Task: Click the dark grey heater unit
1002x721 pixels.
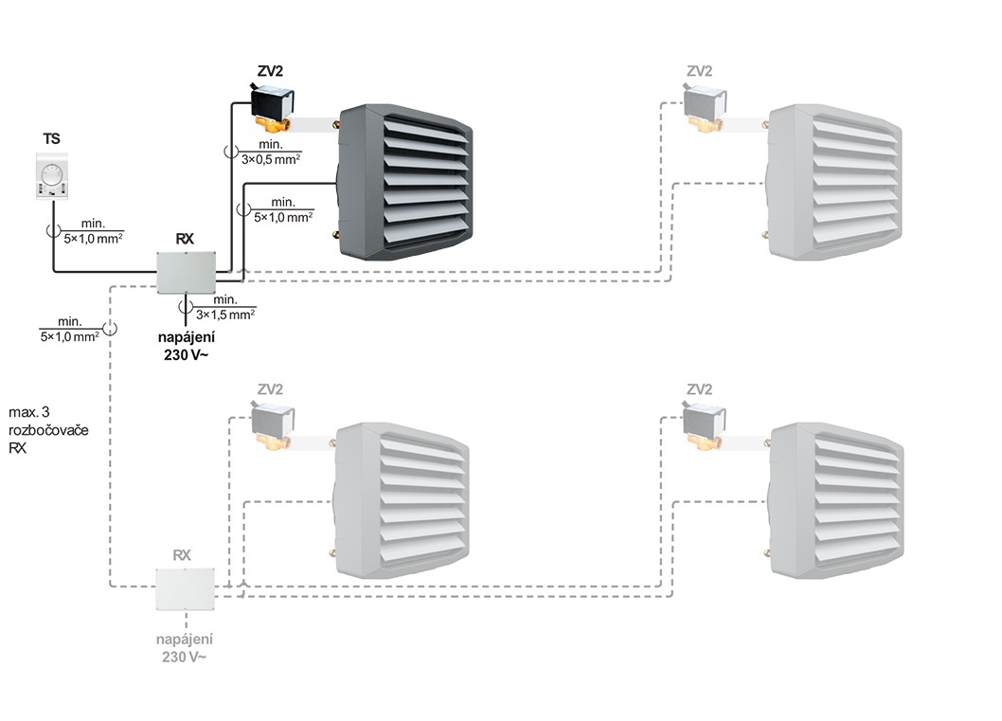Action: [404, 182]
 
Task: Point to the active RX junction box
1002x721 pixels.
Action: [188, 274]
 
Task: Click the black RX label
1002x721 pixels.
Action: [185, 239]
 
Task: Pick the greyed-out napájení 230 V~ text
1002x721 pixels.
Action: [186, 648]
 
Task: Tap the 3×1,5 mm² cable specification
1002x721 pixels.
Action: [225, 313]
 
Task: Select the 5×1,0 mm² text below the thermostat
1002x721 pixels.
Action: [93, 237]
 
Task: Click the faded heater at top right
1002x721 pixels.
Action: [832, 182]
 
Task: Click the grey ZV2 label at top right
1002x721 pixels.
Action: [700, 70]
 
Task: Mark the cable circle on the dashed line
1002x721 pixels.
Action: [110, 328]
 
